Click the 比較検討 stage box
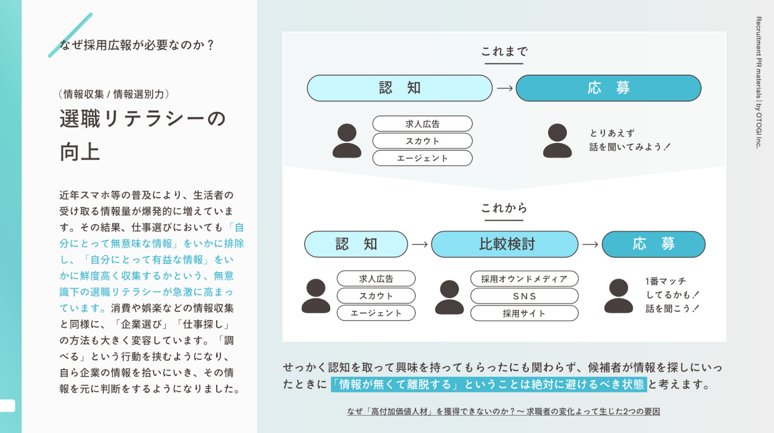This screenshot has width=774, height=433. (x=505, y=244)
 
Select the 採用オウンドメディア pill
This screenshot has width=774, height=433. (x=524, y=279)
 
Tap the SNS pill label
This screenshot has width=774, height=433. (x=524, y=296)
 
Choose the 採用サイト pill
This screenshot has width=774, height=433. (x=524, y=313)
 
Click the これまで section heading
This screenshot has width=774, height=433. (x=504, y=52)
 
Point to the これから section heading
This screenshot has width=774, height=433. (x=504, y=208)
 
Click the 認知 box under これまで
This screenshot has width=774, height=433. (x=400, y=88)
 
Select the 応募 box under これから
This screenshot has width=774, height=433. (x=654, y=244)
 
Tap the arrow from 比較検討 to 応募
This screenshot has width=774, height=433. (x=590, y=244)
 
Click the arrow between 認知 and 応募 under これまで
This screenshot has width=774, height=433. (x=505, y=89)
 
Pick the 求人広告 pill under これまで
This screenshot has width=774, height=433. (x=422, y=124)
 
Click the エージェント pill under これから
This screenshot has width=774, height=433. (x=376, y=313)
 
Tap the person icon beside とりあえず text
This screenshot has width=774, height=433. (x=557, y=141)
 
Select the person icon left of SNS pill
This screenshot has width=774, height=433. (x=449, y=297)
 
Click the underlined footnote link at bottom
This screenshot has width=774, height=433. (x=504, y=412)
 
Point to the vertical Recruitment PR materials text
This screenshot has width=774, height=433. (x=758, y=83)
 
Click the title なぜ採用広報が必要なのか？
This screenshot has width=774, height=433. (x=137, y=45)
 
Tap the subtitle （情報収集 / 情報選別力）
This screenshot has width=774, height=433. (x=114, y=94)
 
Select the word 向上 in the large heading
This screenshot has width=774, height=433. (x=80, y=152)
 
